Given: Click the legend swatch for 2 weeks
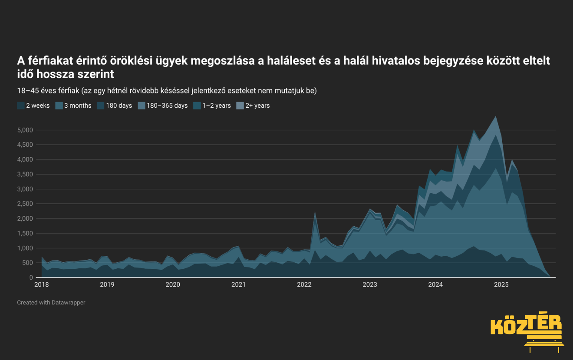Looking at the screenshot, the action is pos(21,106).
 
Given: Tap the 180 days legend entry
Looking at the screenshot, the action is pos(114,106).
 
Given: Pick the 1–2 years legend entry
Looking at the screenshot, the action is pos(212,106).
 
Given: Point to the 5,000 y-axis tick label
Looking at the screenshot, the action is pos(25,130).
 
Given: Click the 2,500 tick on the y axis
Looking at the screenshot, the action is pos(25,204).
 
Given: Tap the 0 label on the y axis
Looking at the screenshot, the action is pos(31,277).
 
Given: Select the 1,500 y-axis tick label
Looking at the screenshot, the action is pos(25,233).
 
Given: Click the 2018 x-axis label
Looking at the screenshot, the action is pos(41,284).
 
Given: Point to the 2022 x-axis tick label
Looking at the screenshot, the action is pos(304,284).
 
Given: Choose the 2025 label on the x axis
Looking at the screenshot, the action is pos(501,284).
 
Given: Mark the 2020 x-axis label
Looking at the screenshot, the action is pos(173,284).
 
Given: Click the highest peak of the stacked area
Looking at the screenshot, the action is pos(496,116).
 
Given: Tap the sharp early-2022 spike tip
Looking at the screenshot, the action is pos(315,211).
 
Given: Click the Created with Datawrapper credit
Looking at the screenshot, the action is pos(51,302).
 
